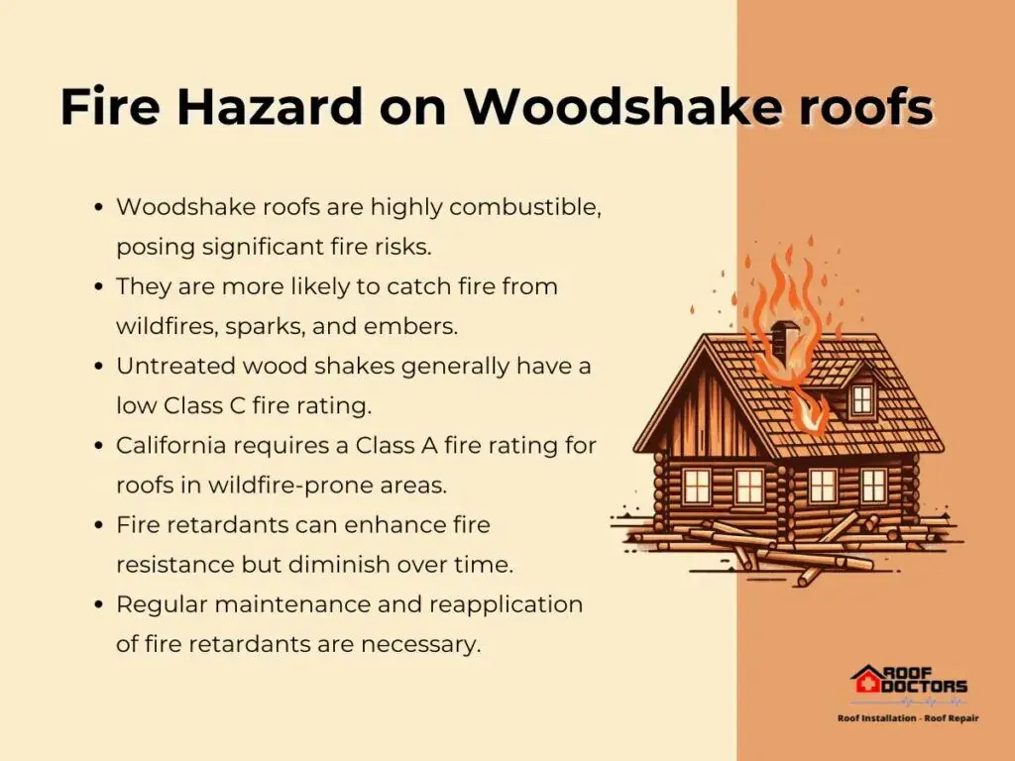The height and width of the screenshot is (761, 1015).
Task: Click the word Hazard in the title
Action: (x=270, y=105)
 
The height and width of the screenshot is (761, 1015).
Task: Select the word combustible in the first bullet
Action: (x=525, y=207)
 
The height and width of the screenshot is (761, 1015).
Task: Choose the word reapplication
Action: (x=506, y=605)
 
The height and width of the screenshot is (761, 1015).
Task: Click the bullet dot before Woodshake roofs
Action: (x=99, y=208)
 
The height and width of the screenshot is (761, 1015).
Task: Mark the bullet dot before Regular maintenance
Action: (x=99, y=605)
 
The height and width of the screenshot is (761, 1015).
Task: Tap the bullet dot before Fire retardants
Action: (x=99, y=525)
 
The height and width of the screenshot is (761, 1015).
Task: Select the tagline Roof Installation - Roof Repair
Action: (x=908, y=718)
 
